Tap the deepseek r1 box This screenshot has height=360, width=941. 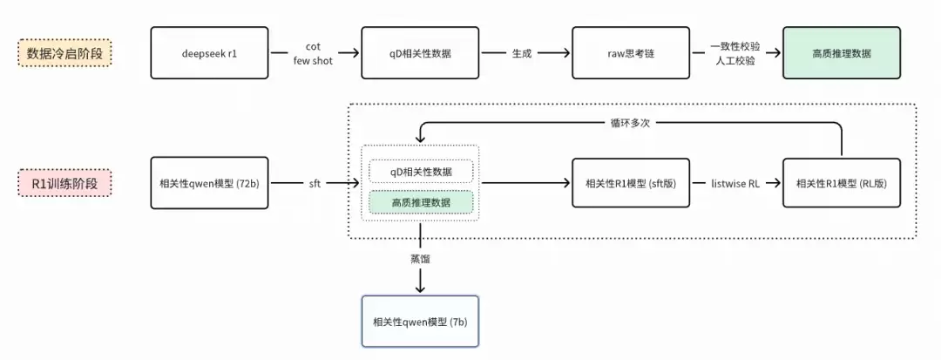click(x=209, y=53)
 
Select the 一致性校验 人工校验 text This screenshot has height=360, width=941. click(x=735, y=53)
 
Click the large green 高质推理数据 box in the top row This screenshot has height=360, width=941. click(x=842, y=53)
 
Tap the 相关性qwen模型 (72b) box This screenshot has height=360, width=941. click(x=209, y=183)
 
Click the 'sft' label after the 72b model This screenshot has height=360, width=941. click(x=315, y=184)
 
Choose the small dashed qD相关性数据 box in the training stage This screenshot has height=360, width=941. click(x=421, y=171)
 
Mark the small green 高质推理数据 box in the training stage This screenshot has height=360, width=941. click(x=421, y=202)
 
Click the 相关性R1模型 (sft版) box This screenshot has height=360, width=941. click(x=631, y=183)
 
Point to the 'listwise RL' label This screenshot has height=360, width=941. click(x=735, y=183)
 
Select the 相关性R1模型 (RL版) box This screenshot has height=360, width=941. click(x=842, y=183)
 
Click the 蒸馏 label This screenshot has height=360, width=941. click(x=421, y=260)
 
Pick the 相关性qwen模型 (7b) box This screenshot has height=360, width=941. click(x=421, y=322)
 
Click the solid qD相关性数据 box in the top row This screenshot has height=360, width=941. click(x=421, y=53)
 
